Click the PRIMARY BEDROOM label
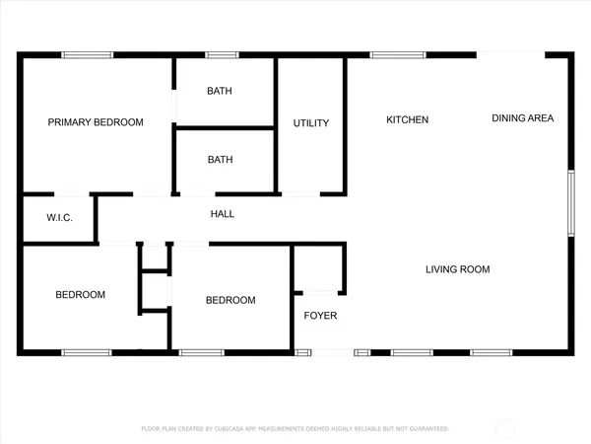point(96,122)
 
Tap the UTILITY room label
point(310,123)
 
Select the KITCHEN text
point(407,119)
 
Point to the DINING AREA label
point(522,118)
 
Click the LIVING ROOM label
point(457,269)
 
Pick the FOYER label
point(319,317)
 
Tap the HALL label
point(223,213)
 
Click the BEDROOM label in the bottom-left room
point(80,294)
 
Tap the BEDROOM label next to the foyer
point(230,300)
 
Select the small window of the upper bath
point(222,55)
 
